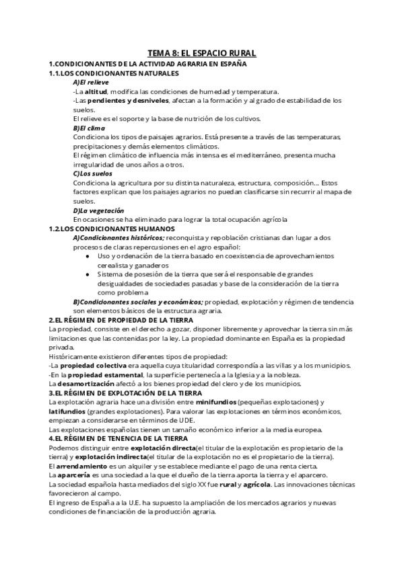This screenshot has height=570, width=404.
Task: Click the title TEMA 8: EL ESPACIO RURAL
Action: click(201, 52)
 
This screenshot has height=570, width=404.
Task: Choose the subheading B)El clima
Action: click(89, 128)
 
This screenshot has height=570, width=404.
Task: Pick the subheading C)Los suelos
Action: click(92, 173)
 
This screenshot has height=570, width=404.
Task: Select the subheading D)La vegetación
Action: click(99, 210)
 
